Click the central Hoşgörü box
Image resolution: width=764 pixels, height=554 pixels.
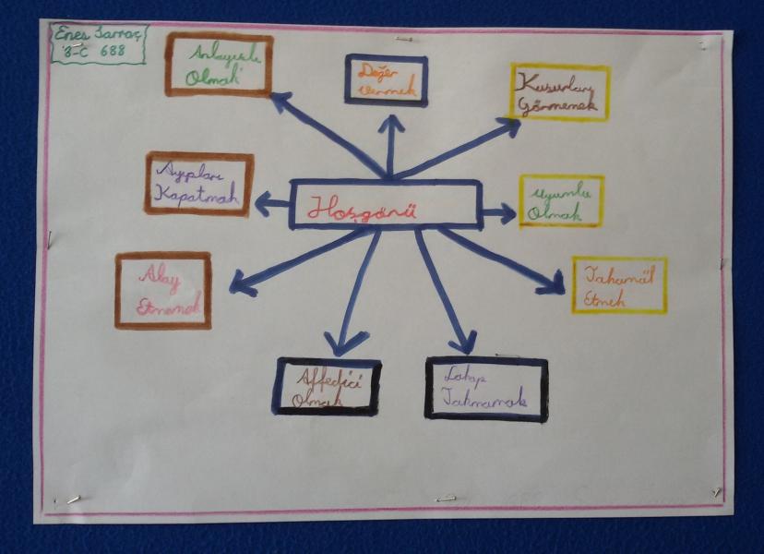385,204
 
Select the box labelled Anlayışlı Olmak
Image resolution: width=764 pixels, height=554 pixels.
219,65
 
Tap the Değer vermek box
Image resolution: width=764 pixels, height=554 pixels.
386,80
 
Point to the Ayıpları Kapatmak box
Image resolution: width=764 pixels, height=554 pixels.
198,184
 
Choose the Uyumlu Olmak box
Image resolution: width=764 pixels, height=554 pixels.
561,200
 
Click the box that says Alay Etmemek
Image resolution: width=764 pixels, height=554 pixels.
163,291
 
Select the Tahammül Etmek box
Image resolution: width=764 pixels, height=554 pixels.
618,285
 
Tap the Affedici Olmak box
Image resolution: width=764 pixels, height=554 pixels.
326,386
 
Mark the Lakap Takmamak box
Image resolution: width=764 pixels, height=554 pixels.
485,388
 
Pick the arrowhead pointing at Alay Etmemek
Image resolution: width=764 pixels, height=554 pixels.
239,283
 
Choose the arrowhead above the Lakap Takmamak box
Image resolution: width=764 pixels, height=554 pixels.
466,344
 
